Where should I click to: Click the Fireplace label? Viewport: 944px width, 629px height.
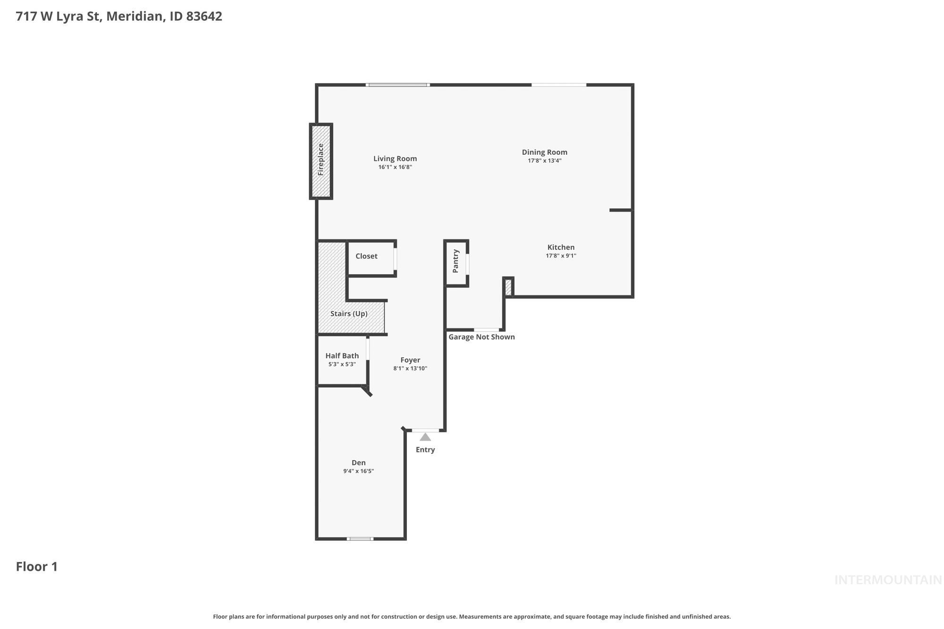pos(321,160)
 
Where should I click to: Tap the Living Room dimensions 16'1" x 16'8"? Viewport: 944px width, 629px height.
pos(395,167)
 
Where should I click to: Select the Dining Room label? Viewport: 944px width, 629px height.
pos(544,152)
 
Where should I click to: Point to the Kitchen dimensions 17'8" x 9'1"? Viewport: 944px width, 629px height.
pos(561,256)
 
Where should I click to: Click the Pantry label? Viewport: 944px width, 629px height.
pos(455,261)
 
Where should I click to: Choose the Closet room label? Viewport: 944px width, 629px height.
pos(366,256)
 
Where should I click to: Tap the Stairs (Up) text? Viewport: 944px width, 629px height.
pos(349,314)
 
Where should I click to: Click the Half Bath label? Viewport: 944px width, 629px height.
pos(342,356)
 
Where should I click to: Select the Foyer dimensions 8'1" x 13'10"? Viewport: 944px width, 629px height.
pos(410,369)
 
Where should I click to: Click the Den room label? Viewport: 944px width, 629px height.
pos(358,463)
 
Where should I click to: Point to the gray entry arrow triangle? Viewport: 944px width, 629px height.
pos(425,437)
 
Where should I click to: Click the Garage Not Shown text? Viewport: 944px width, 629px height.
pos(481,337)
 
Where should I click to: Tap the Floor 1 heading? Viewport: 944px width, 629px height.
pos(36,567)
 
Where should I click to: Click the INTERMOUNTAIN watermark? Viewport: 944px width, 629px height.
pos(887,580)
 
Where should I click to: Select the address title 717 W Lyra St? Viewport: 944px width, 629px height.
pos(118,16)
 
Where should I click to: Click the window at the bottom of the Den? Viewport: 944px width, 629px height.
pos(360,539)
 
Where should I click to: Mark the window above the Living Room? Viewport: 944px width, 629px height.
pos(397,85)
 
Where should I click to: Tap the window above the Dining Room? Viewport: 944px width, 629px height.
pos(559,85)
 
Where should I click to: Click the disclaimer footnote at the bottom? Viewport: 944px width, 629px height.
pos(472,617)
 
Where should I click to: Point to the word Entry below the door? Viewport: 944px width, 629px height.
pos(425,450)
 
